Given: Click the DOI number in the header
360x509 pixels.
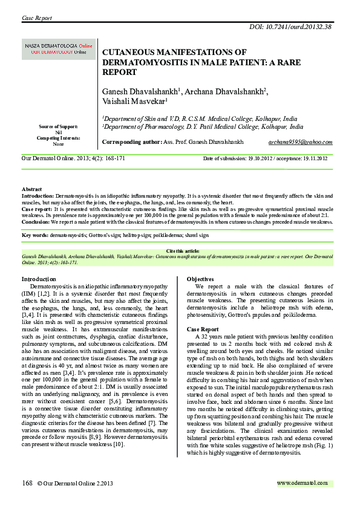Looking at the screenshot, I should [303, 27].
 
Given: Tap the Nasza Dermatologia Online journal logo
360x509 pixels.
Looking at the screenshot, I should [59, 49].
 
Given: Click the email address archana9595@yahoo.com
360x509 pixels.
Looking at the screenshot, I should [300, 141].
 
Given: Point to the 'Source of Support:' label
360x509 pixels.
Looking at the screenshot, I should [58, 127].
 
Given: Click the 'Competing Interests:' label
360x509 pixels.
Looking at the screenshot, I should [58, 138].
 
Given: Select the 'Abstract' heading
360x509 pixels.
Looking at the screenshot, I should [32, 190].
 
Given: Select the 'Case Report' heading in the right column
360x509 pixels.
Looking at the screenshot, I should [202, 329].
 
